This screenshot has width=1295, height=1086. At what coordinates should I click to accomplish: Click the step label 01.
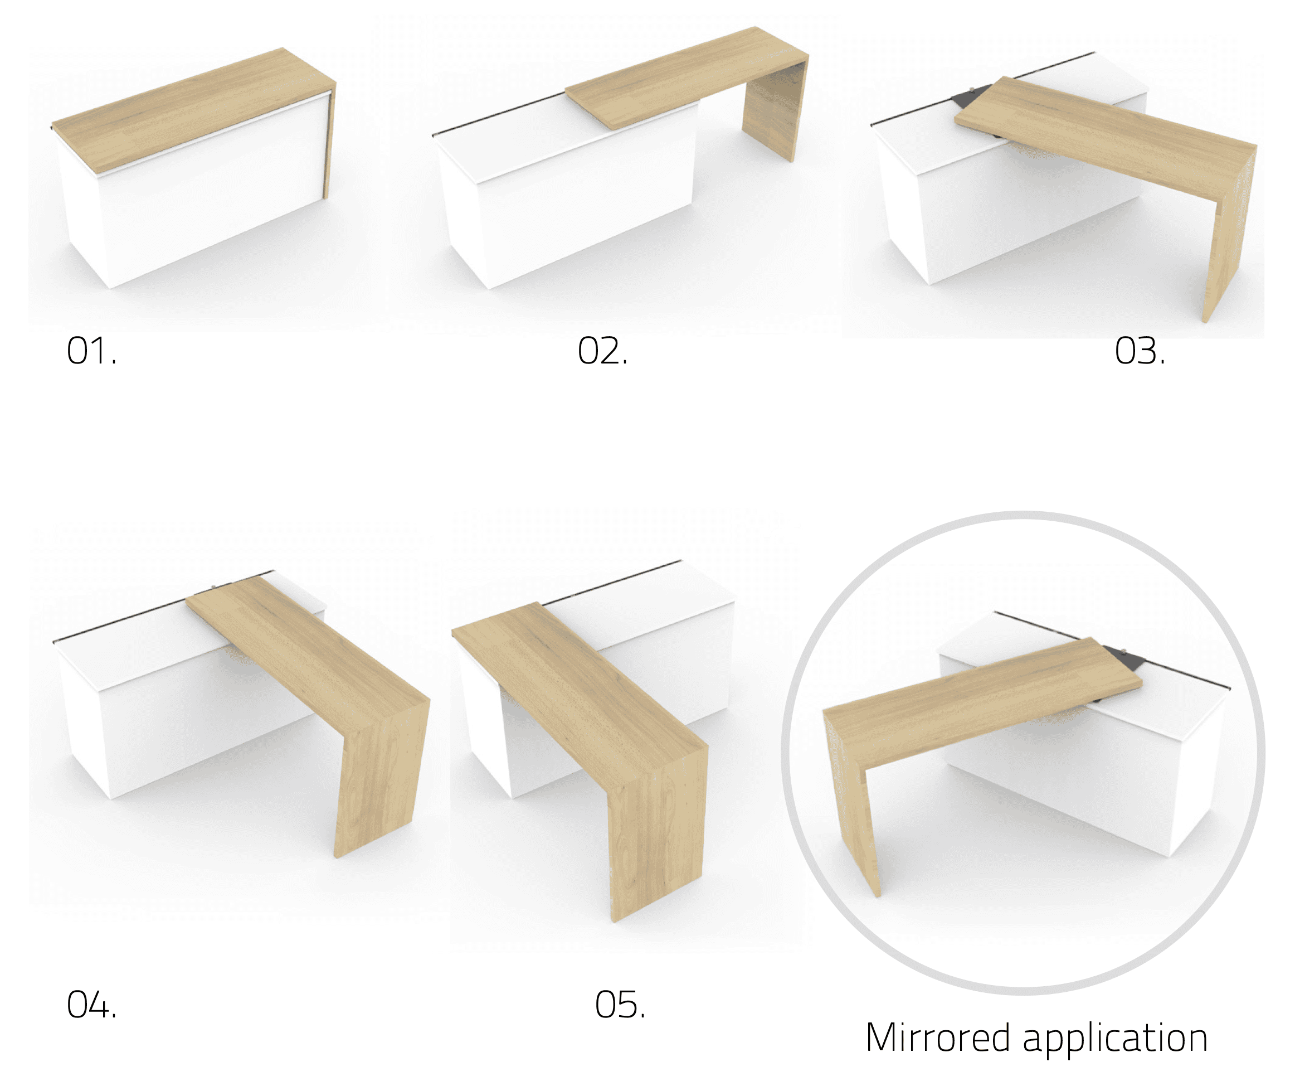pyautogui.click(x=91, y=351)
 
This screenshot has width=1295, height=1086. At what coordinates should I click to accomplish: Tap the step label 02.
pyautogui.click(x=602, y=351)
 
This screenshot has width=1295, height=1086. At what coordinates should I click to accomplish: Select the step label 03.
pyautogui.click(x=1140, y=351)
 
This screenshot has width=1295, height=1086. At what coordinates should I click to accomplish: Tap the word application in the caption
pyautogui.click(x=1115, y=1040)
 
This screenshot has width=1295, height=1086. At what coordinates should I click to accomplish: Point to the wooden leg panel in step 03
pyautogui.click(x=1230, y=235)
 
